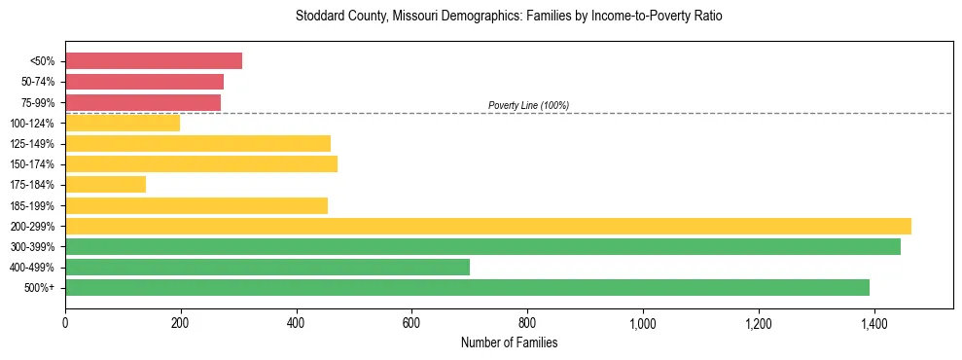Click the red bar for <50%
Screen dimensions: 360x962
pos(154,61)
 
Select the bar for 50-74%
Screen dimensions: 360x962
pos(144,82)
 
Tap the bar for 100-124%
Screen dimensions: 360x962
pos(123,124)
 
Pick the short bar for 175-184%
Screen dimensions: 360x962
pos(105,185)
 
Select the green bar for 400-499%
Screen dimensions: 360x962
pos(267,268)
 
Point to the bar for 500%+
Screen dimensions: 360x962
pos(467,288)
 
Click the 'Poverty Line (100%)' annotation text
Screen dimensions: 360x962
pos(528,105)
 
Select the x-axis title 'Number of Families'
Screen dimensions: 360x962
pos(509,343)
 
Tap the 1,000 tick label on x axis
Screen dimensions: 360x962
pos(642,324)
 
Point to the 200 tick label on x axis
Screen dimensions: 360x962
pos(181,324)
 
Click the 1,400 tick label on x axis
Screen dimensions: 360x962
pos(873,324)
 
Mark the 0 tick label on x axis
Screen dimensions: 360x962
pos(65,324)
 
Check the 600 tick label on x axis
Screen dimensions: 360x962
pos(411,324)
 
